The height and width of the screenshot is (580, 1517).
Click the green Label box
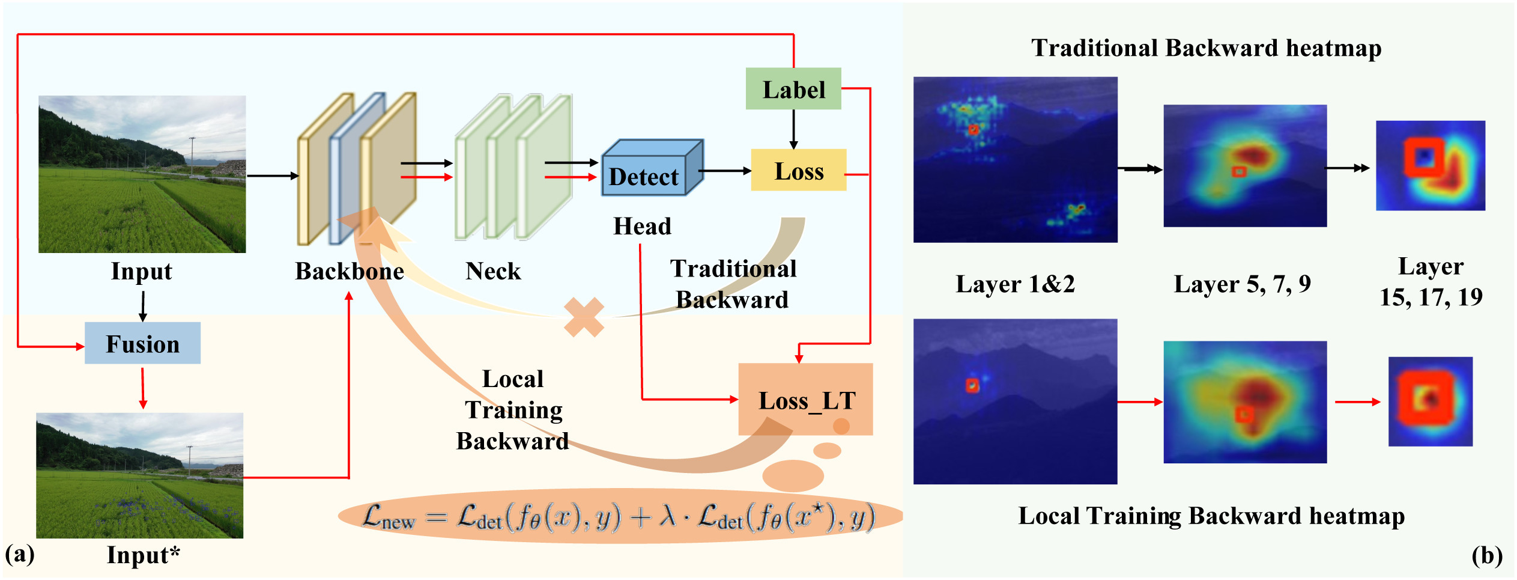pos(793,89)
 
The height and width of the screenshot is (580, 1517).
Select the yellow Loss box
pos(798,171)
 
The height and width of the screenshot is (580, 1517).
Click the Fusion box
pos(142,343)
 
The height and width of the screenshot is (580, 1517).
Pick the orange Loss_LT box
pos(805,399)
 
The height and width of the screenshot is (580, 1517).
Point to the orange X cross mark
pos(584,317)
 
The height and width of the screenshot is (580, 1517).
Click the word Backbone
pos(349,271)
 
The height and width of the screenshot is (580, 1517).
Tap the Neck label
pos(493,271)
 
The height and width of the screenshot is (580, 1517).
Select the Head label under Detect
pos(642,226)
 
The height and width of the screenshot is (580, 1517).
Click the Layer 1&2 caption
pos(1015,284)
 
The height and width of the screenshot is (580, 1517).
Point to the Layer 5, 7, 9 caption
pos(1242,284)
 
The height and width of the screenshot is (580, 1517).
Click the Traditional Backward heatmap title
pos(1206,48)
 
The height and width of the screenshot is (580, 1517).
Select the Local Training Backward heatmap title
pos(1211,516)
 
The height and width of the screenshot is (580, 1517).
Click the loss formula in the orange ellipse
pos(619,516)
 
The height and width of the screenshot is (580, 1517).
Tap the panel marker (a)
pos(20,554)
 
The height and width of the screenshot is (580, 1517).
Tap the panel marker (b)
pos(1486,555)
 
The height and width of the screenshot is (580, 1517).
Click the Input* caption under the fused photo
pos(143,555)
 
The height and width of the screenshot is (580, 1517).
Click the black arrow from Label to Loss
pos(793,129)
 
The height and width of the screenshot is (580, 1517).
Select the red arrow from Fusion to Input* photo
pos(142,388)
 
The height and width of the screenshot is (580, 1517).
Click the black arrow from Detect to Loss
pos(725,171)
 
